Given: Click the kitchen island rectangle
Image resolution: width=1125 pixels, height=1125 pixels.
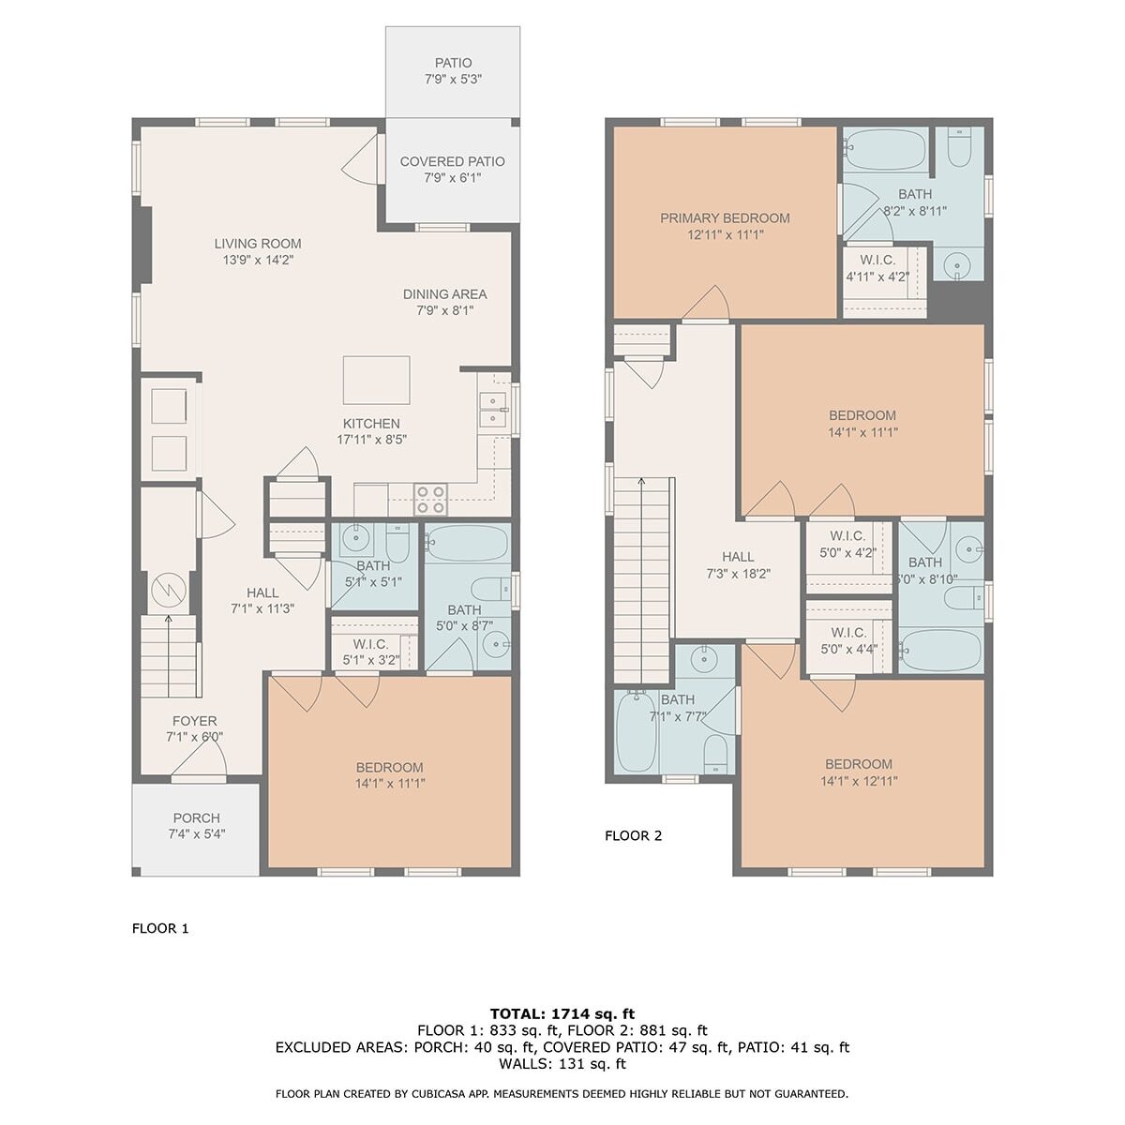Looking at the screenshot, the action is tap(376, 380).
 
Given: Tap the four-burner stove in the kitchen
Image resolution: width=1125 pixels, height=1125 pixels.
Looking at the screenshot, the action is tap(430, 500).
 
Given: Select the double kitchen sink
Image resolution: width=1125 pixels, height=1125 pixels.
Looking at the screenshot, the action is tap(493, 410).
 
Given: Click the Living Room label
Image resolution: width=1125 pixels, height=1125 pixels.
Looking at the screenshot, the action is tap(258, 244).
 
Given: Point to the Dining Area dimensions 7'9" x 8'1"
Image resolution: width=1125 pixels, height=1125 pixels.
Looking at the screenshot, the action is tap(445, 310).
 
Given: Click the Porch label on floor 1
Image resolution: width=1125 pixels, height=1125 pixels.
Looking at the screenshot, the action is tap(196, 817).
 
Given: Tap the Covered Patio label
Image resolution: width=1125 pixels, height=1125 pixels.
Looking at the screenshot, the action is tap(453, 161).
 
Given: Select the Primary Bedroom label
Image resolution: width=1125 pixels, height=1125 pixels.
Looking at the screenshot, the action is tap(725, 217).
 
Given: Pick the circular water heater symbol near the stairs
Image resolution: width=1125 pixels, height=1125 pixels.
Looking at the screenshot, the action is tap(169, 591).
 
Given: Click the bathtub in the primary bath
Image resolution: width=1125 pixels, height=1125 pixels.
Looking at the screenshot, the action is tap(885, 148).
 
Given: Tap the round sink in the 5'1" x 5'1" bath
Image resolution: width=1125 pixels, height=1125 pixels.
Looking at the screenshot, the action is tap(353, 538).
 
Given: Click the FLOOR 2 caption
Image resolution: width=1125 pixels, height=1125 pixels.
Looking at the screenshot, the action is tap(634, 835).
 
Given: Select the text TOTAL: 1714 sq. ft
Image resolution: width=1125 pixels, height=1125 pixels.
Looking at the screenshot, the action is tap(562, 1013).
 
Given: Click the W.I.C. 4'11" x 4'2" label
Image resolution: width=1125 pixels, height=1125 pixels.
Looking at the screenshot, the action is tap(877, 268).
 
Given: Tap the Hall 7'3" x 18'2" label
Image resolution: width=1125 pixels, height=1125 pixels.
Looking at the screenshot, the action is tap(739, 565).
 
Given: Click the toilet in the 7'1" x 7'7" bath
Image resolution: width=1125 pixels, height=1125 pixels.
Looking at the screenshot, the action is tap(715, 754).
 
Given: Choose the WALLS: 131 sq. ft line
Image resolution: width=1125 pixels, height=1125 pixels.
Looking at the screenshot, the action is tap(562, 1064).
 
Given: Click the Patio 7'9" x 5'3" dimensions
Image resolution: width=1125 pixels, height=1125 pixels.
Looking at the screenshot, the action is tap(453, 80).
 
